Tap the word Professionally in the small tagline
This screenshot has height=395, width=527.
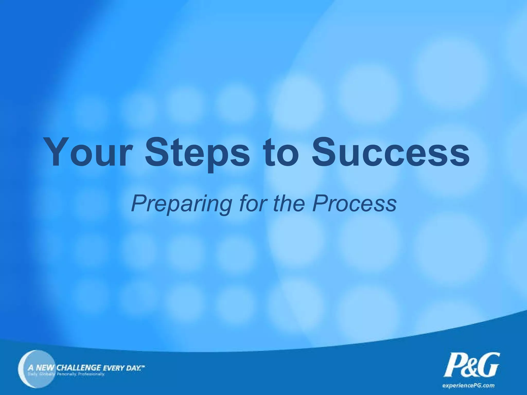(x=91, y=374)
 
